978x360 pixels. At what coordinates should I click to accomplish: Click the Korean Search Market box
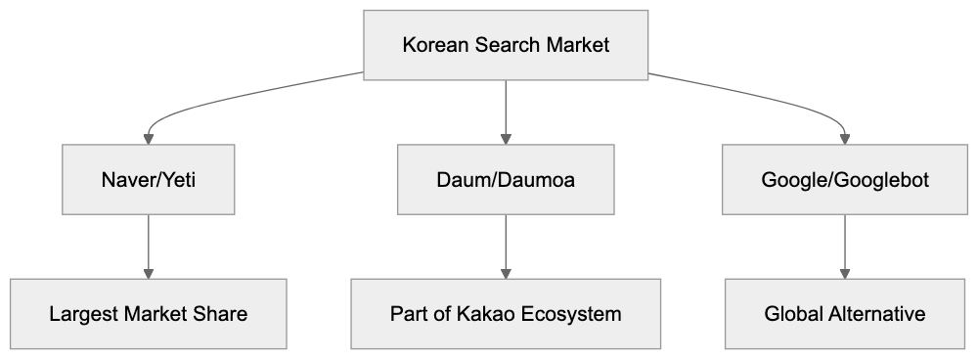506,45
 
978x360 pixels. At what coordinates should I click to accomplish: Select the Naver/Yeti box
149,180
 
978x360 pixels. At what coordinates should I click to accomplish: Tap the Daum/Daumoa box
506,180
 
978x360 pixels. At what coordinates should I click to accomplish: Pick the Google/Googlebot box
845,180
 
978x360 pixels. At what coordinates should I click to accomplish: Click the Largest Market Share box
149,314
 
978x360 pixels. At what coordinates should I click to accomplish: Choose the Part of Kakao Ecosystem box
506,314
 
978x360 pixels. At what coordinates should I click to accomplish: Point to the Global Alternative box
845,314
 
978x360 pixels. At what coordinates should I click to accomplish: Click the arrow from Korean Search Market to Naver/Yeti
196,98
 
